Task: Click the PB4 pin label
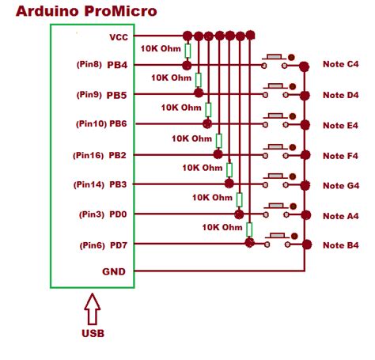119,65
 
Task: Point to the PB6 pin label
119,124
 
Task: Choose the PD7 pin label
119,244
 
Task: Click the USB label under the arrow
93,333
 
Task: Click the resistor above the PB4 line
187,51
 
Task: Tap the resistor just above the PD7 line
249,230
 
